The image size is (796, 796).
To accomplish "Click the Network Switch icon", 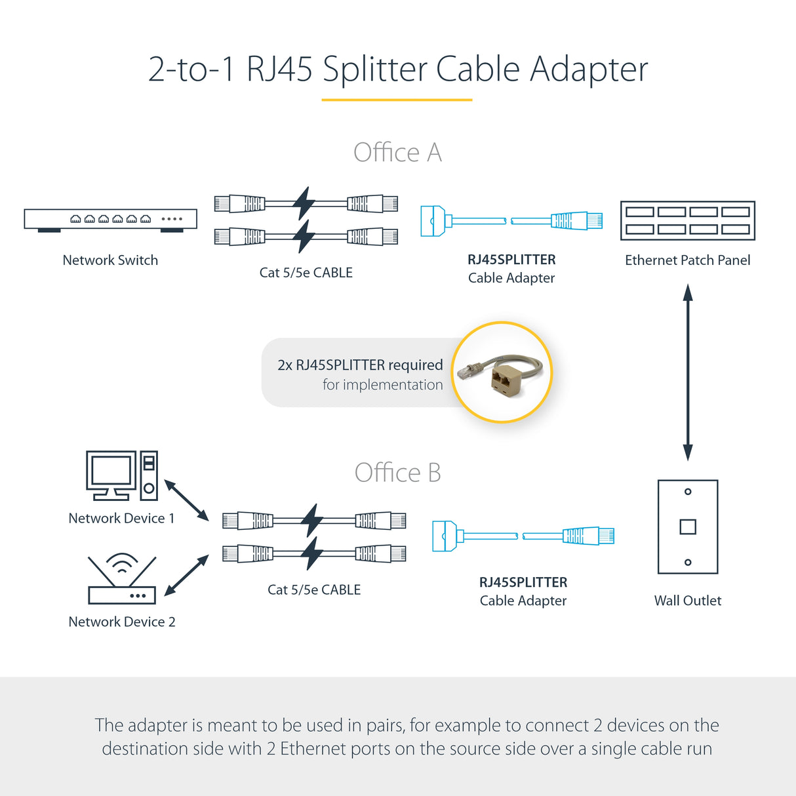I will pos(110,220).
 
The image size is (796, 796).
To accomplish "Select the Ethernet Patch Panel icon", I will pos(687,220).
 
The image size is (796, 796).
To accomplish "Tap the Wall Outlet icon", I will pos(687,527).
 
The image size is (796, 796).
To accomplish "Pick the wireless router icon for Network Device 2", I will pos(122,581).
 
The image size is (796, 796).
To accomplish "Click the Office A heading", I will pos(397,153).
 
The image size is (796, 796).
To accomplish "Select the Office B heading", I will pos(397,473).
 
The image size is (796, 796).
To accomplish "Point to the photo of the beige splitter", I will pos(502,372).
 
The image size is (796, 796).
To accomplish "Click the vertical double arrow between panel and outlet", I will pos(687,372).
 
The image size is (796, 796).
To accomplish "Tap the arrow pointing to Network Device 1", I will pos(186,500).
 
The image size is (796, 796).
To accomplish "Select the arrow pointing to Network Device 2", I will pos(186,576).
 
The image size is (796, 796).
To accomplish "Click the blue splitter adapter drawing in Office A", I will pos(511,221).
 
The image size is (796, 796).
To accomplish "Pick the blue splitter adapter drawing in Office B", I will pos(523,536).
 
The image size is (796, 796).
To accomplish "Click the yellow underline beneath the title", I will pos(397,100).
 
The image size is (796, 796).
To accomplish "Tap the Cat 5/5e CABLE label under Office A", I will pos(306,273).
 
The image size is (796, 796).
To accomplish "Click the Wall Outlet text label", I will pos(687,601).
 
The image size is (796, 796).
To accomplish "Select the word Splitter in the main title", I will pos(374,70).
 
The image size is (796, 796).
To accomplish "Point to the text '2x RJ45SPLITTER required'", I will pos(360,365).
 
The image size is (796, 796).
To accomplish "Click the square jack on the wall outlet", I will pos(687,527).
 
